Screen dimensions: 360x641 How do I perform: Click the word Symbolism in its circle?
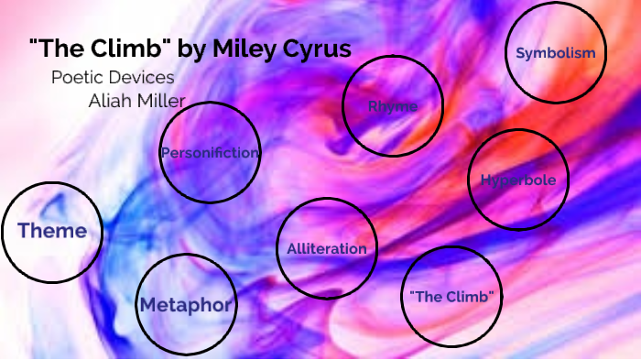click(x=555, y=53)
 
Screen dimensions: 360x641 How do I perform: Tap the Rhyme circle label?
click(x=392, y=106)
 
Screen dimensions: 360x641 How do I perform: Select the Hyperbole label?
click(x=517, y=180)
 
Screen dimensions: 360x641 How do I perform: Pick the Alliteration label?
click(x=326, y=248)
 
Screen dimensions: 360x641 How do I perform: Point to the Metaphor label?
click(x=186, y=304)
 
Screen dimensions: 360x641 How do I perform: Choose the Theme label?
click(x=52, y=231)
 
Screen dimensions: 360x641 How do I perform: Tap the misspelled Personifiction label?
click(x=210, y=153)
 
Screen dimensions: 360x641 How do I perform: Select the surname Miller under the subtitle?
click(x=160, y=100)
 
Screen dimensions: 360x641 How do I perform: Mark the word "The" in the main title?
click(x=61, y=49)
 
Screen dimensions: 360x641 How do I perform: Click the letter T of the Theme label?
click(x=24, y=231)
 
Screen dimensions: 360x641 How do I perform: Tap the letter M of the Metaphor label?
click(x=148, y=304)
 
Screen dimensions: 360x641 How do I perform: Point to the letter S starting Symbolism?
click(x=520, y=53)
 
